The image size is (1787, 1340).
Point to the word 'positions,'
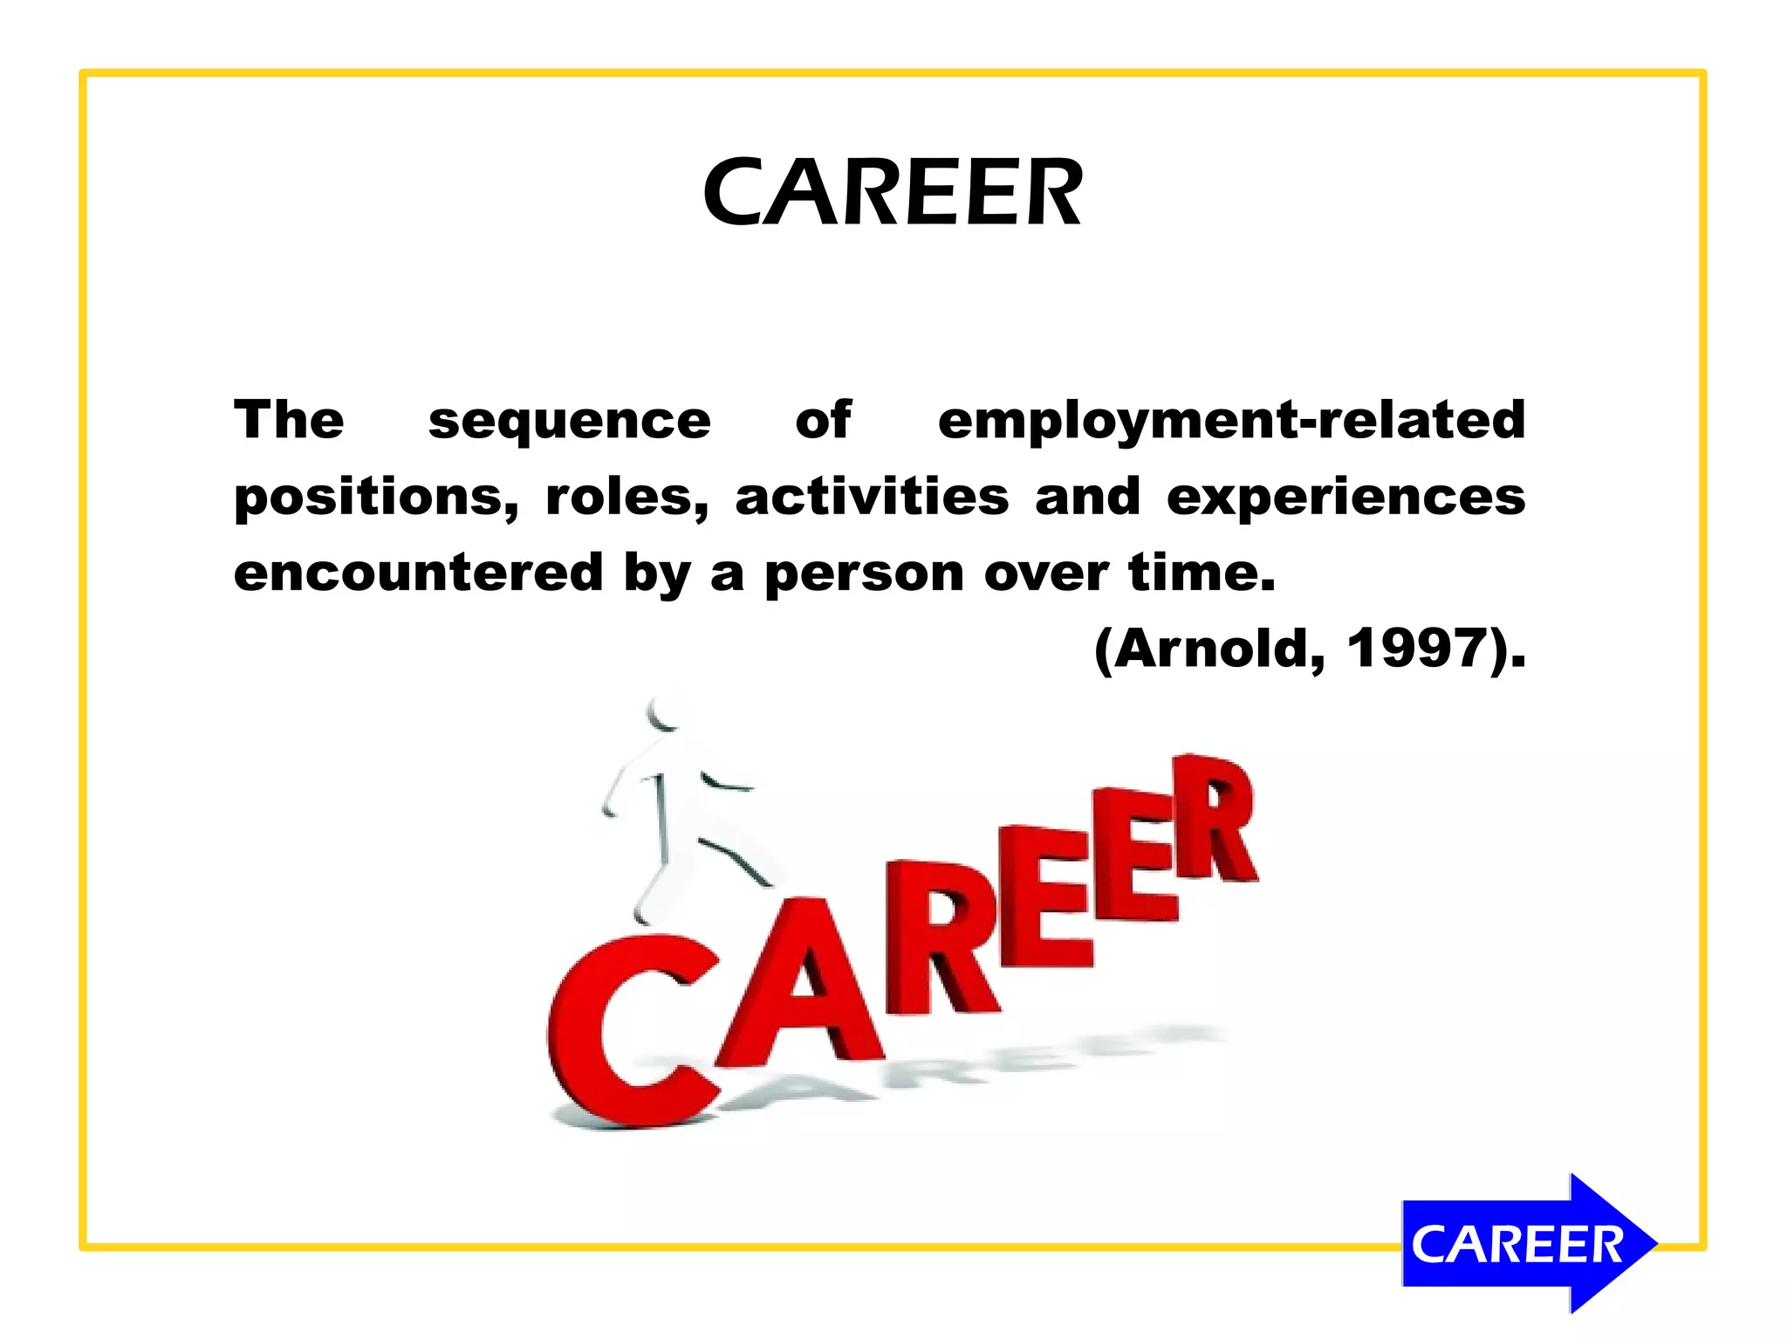point(376,498)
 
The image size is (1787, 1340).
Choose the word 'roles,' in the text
point(626,497)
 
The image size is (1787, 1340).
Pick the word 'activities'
point(872,497)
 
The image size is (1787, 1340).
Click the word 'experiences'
point(1345,498)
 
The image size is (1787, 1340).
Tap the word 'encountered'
point(418,573)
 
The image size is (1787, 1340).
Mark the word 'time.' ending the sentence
point(1202,573)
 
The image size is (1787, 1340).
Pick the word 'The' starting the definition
point(289,420)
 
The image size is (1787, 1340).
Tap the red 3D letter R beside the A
point(938,938)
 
